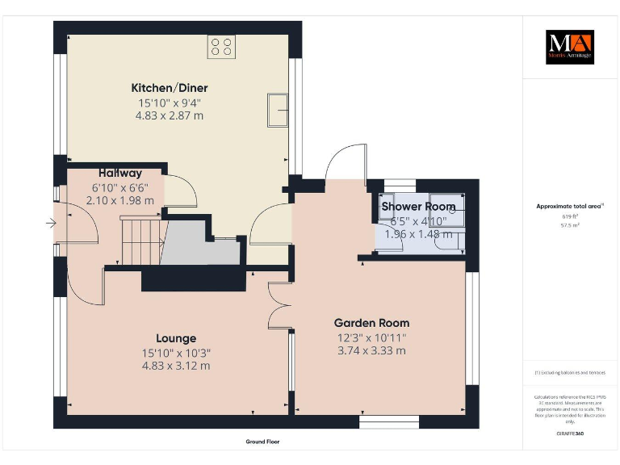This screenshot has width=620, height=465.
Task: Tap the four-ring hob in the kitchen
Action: tap(221, 47)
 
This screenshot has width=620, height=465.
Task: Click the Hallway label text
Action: tap(120, 173)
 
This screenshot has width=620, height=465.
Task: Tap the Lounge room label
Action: tap(175, 338)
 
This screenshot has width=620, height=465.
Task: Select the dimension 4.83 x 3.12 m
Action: tap(175, 366)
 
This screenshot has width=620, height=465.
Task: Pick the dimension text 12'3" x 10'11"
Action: tap(372, 337)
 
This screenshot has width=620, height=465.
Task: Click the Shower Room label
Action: tap(418, 207)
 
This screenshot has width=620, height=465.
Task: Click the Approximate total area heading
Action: tap(570, 207)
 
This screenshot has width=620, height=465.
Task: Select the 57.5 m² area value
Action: tap(570, 226)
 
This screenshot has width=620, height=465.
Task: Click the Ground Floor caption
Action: tap(263, 442)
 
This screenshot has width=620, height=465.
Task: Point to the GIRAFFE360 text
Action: tap(570, 434)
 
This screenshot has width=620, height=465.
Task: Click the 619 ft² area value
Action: tap(570, 217)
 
